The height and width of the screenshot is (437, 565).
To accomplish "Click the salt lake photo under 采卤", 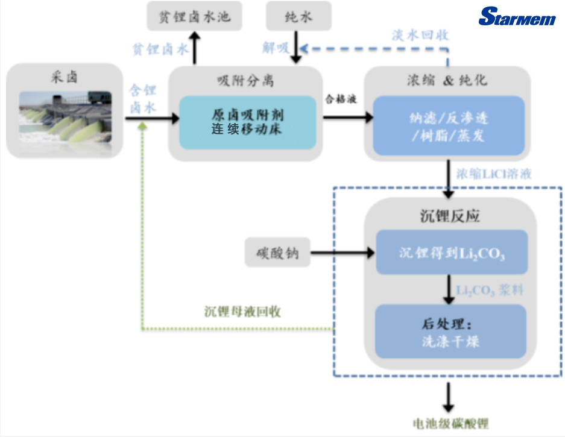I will pyautogui.click(x=65, y=116).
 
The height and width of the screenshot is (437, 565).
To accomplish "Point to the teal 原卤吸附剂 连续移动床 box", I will pyautogui.click(x=248, y=122).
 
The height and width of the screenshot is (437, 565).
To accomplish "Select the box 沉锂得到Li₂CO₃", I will pyautogui.click(x=452, y=252).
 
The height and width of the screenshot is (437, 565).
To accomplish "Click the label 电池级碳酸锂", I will pyautogui.click(x=449, y=424).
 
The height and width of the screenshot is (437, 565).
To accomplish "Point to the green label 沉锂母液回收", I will pyautogui.click(x=243, y=312).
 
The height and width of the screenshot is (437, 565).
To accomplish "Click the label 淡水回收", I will pyautogui.click(x=420, y=35).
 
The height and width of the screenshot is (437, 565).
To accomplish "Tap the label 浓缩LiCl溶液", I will pyautogui.click(x=494, y=174).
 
